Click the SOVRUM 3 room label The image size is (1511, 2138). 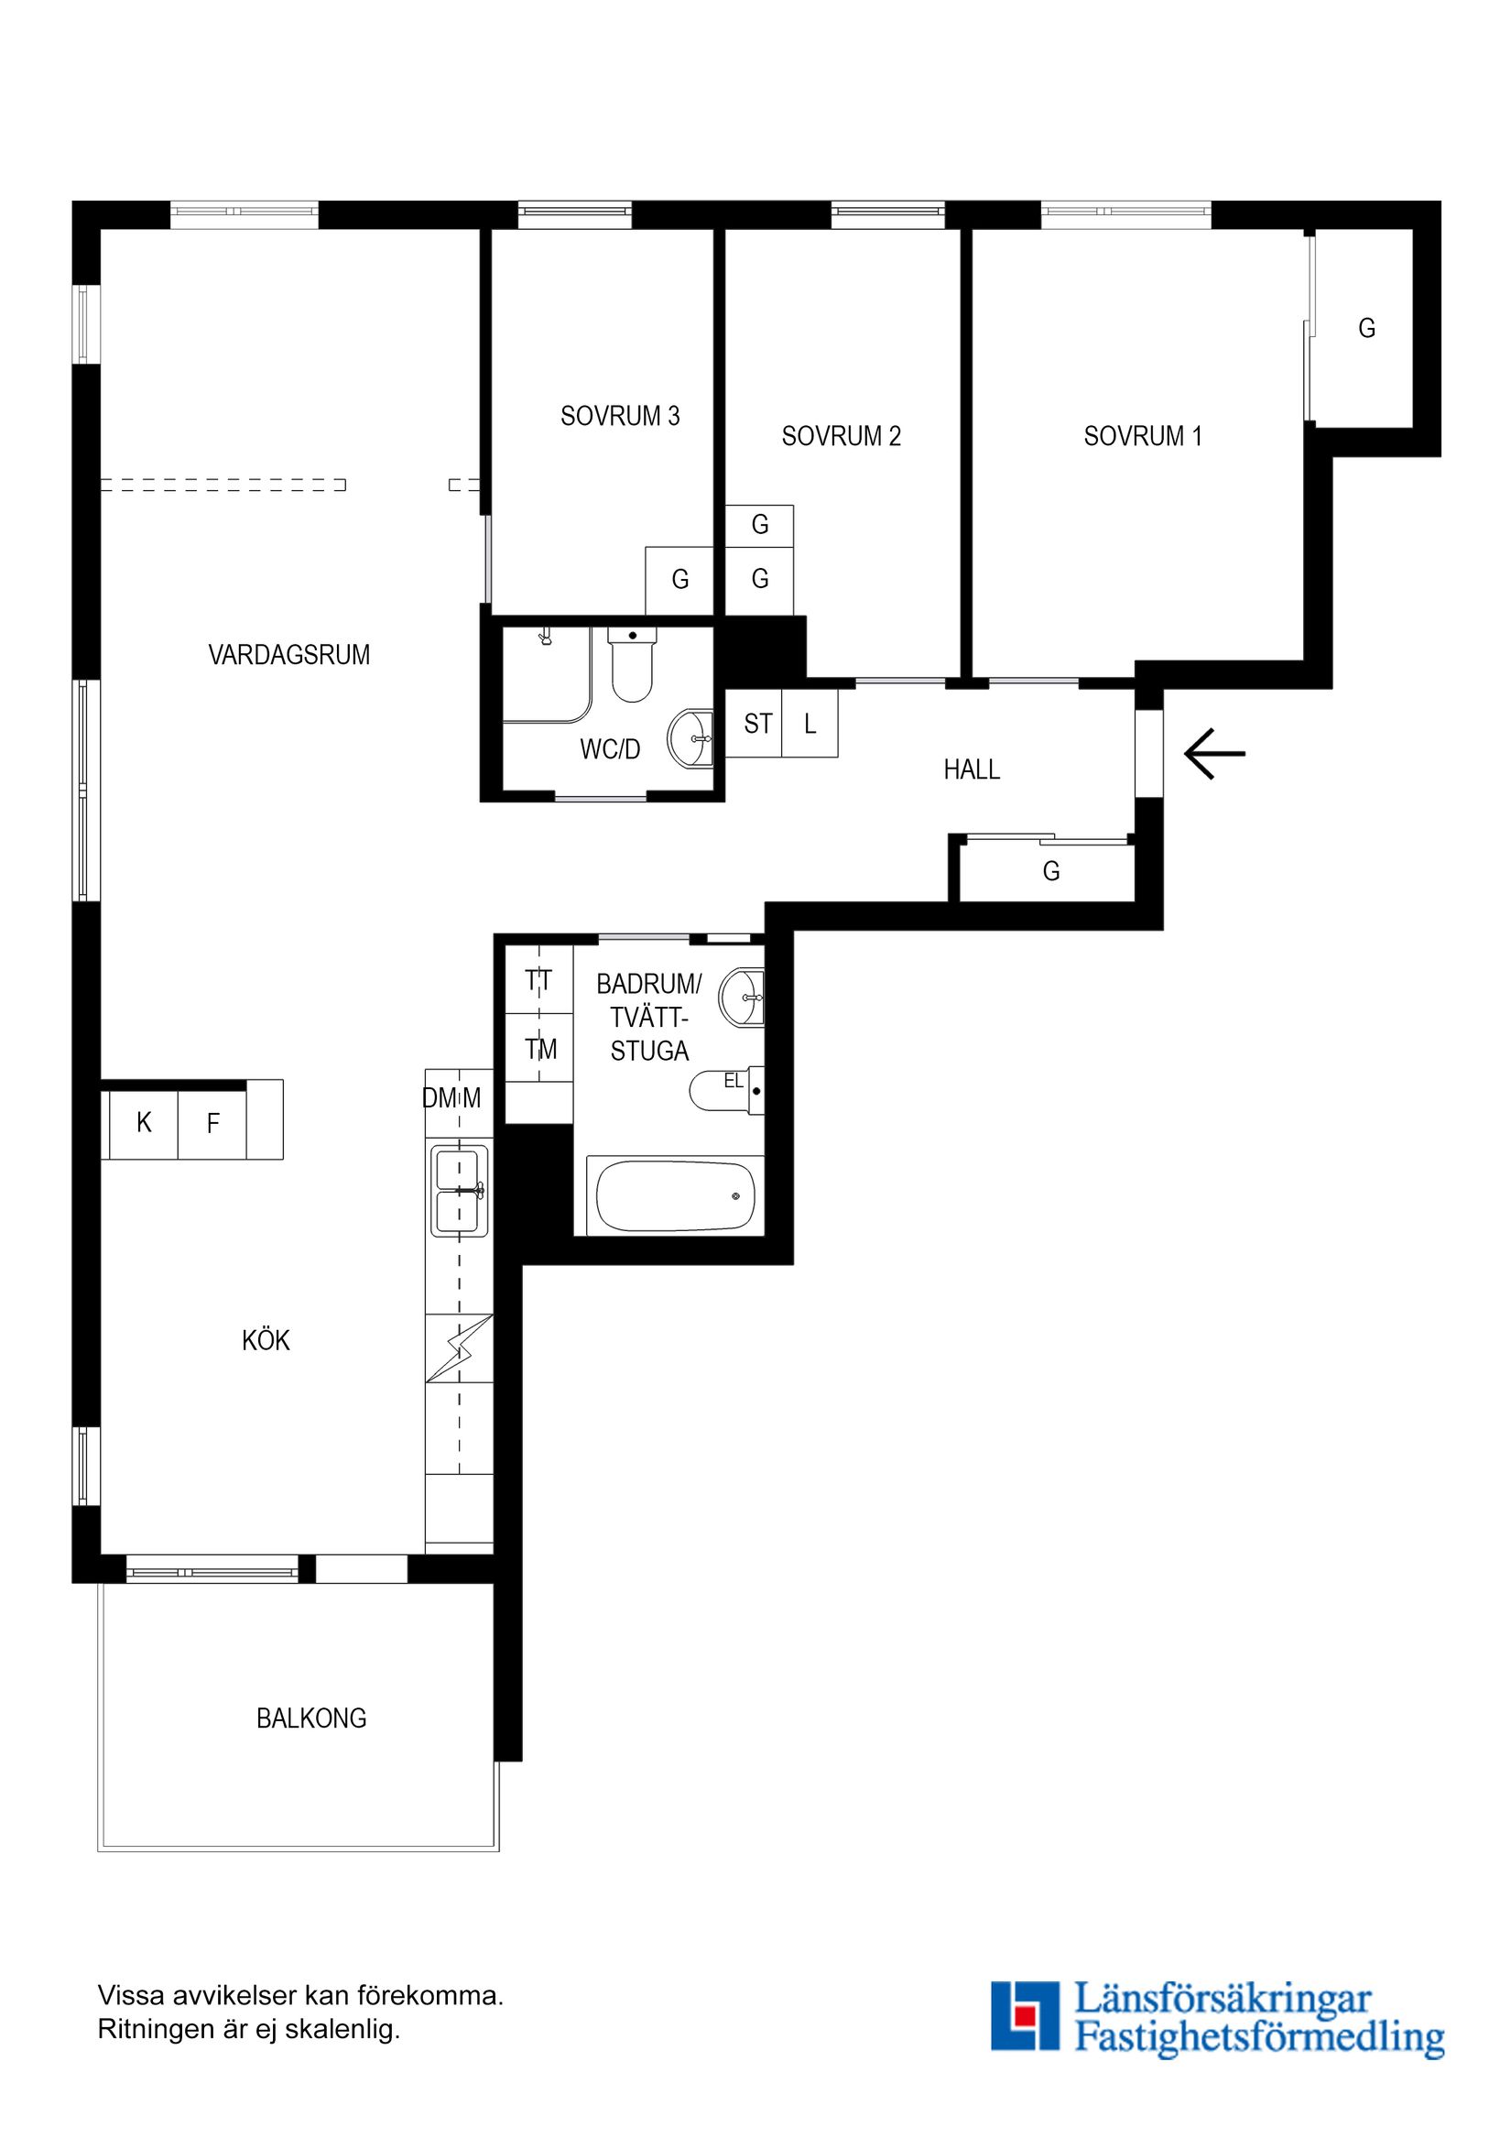[x=620, y=416]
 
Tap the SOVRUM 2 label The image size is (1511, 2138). [x=842, y=436]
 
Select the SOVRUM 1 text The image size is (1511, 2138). [x=1143, y=436]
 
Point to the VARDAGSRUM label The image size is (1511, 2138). [x=289, y=655]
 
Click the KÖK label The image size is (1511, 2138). [x=266, y=1340]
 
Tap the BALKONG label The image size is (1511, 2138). [x=312, y=1718]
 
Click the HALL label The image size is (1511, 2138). [x=972, y=769]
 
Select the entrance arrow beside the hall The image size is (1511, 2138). [x=1214, y=753]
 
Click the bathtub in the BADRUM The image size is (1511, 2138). [x=675, y=1195]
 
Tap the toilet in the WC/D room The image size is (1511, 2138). [x=632, y=665]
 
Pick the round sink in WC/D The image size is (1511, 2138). [x=690, y=738]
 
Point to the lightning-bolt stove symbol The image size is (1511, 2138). [x=459, y=1349]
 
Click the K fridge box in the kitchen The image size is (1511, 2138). [x=144, y=1124]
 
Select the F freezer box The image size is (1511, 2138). [x=212, y=1124]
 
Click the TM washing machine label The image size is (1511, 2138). [x=541, y=1050]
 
